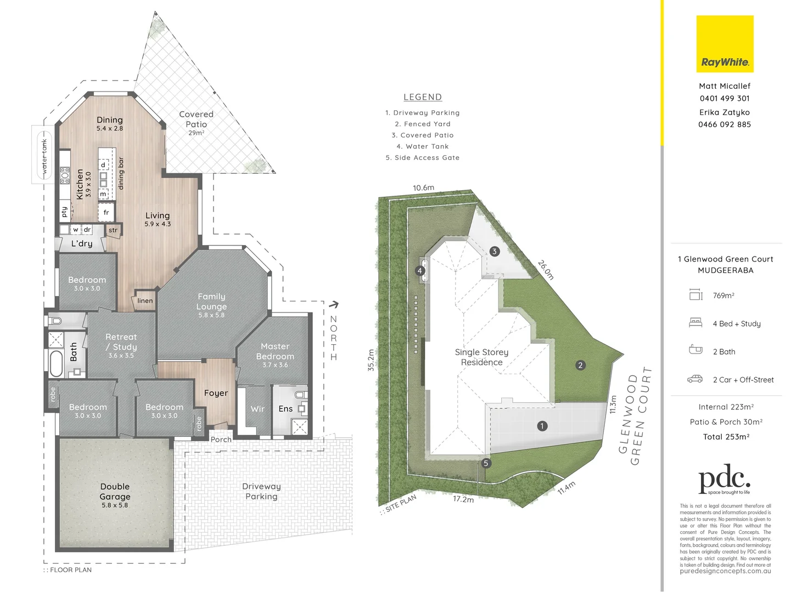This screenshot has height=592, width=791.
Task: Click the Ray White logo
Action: coord(725,44)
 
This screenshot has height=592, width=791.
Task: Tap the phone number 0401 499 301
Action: coord(725,99)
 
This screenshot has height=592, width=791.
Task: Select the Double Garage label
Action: coord(115,492)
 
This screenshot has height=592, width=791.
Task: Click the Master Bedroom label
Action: coord(275,351)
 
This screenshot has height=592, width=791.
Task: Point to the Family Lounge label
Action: coord(211,301)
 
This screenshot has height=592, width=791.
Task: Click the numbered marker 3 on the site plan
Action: coord(495,252)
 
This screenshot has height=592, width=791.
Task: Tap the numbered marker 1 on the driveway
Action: coord(542,426)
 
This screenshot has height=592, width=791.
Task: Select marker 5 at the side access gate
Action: coord(486,463)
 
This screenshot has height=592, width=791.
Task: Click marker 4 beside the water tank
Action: coord(420,271)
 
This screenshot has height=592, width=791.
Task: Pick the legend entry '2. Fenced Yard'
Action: coord(423,124)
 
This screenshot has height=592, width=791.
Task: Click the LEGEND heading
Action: coord(423,97)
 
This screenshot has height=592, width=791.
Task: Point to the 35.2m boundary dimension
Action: coord(371,360)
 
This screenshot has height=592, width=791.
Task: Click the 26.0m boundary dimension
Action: coord(546,270)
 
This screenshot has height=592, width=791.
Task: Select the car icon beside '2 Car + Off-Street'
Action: coord(695,379)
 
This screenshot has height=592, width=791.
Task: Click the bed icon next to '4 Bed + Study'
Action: coord(695,323)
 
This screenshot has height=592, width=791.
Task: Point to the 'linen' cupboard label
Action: coord(145,300)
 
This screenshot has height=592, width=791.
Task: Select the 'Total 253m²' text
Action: coord(726,437)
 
